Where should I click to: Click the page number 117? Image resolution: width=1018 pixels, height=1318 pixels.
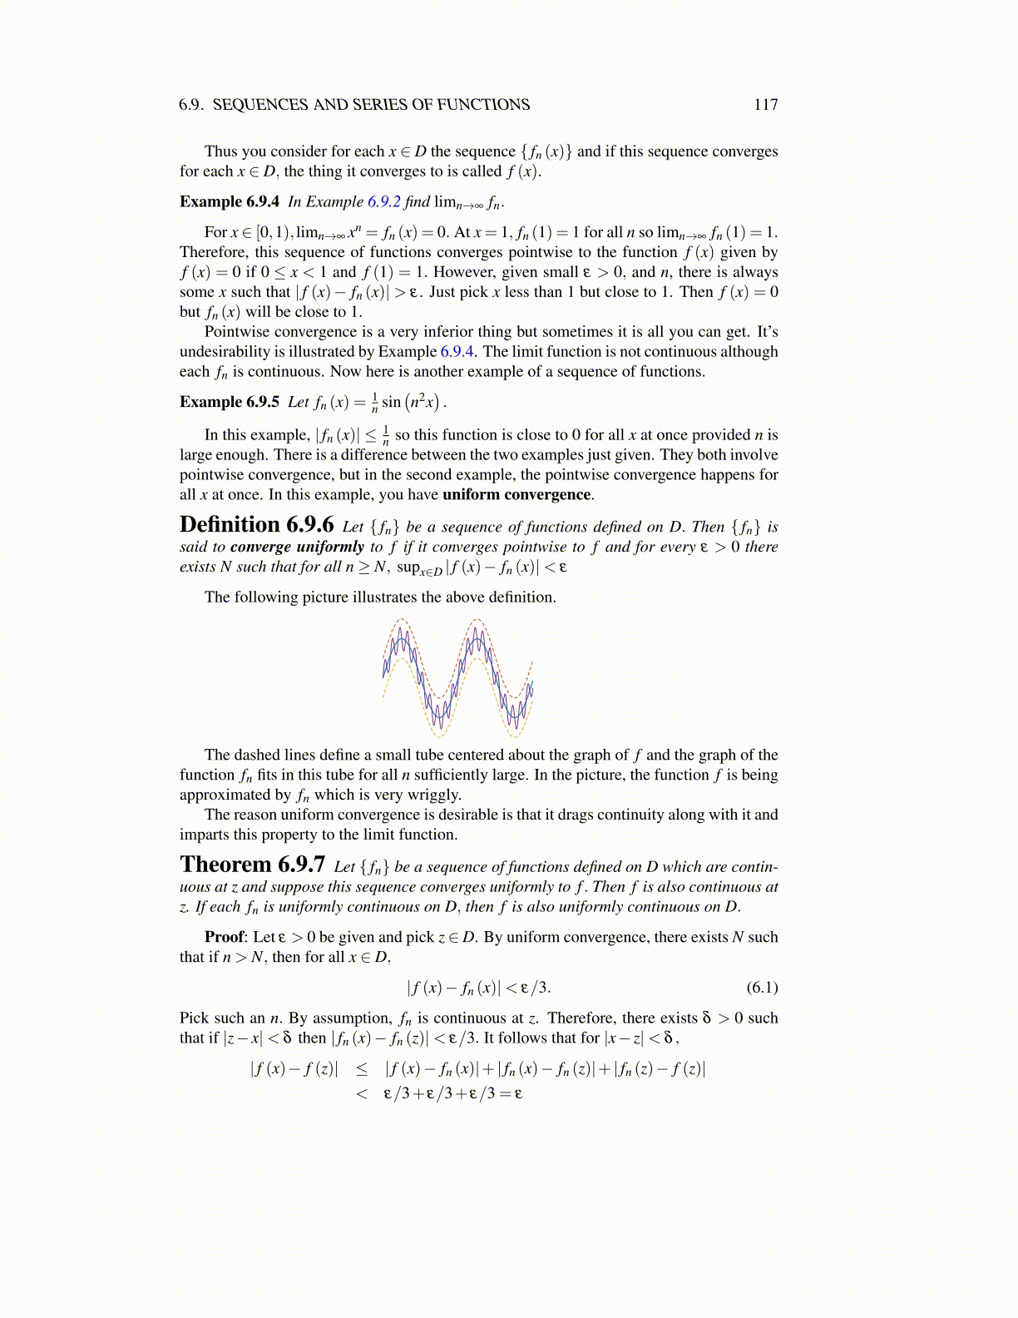pyautogui.click(x=765, y=105)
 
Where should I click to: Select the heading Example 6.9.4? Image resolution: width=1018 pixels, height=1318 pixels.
pyautogui.click(x=229, y=202)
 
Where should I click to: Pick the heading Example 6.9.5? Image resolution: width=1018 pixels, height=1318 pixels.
pyautogui.click(x=229, y=402)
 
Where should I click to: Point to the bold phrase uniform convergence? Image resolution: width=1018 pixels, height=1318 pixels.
pyautogui.click(x=516, y=495)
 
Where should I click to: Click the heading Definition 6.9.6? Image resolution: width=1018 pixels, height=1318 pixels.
pyautogui.click(x=256, y=525)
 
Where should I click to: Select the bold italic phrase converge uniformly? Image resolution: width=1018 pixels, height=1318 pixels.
pyautogui.click(x=297, y=548)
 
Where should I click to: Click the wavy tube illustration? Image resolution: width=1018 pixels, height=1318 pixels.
pyautogui.click(x=457, y=677)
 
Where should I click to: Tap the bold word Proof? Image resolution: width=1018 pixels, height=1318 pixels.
pyautogui.click(x=225, y=937)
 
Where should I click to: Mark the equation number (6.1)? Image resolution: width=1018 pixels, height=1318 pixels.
pyautogui.click(x=762, y=988)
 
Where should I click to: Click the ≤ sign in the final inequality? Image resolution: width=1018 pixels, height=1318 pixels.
pyautogui.click(x=362, y=1069)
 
